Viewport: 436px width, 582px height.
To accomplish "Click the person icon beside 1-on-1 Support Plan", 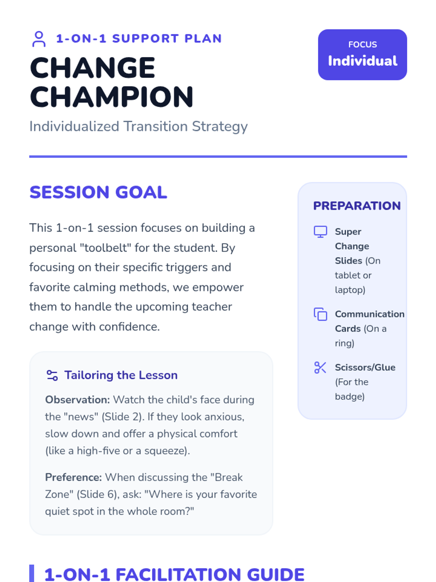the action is pos(39,39).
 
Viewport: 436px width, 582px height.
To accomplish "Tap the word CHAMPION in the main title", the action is pos(112,97).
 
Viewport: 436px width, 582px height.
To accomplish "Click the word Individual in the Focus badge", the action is pos(362,61).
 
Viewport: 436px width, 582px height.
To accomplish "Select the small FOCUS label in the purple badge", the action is pos(362,44).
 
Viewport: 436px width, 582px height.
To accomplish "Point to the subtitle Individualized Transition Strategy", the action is pos(138,127).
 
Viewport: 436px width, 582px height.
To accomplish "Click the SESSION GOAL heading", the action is pos(98,192).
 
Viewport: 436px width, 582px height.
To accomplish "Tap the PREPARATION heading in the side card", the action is pos(357,206).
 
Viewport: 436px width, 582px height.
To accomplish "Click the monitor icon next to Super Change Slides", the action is pos(320,232).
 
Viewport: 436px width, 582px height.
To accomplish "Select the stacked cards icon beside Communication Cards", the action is pos(320,314).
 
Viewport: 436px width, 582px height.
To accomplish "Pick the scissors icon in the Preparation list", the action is pos(320,367).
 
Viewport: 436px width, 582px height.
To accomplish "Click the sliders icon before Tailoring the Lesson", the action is pos(52,375).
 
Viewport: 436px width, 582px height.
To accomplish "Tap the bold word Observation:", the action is pos(77,400).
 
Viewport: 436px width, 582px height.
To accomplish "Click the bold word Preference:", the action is pos(73,478).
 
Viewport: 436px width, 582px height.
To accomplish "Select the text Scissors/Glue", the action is pos(365,367).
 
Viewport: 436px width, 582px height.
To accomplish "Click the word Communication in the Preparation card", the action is pos(370,314).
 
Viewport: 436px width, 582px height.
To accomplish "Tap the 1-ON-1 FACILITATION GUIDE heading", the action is pos(174,575).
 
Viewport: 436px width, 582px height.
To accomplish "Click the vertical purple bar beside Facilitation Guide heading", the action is pos(32,574).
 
